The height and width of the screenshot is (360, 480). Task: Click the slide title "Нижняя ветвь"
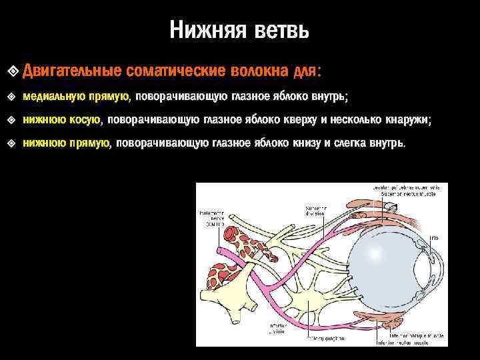[239, 30]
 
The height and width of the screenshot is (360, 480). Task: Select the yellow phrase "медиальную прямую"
[76, 97]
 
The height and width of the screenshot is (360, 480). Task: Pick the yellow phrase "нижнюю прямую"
[65, 143]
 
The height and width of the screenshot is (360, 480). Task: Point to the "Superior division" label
[317, 211]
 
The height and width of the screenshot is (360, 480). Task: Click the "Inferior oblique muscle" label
[407, 335]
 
